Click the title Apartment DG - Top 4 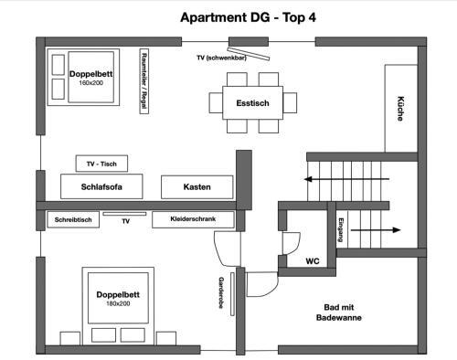pyautogui.click(x=248, y=17)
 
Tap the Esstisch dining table pyautogui.click(x=252, y=103)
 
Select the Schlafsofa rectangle pyautogui.click(x=101, y=186)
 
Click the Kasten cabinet pyautogui.click(x=197, y=186)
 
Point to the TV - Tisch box pyautogui.click(x=101, y=164)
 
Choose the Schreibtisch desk pyautogui.click(x=73, y=219)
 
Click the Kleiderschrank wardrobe pyautogui.click(x=193, y=219)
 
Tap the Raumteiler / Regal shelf pyautogui.click(x=143, y=81)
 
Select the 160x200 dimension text pyautogui.click(x=91, y=83)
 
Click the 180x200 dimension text pyautogui.click(x=118, y=303)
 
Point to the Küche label pyautogui.click(x=400, y=109)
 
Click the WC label pyautogui.click(x=313, y=261)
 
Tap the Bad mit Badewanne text pyautogui.click(x=339, y=312)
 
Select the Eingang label pyautogui.click(x=341, y=230)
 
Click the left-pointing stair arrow pyautogui.click(x=346, y=179)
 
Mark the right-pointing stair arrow pyautogui.click(x=376, y=230)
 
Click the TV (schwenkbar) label pyautogui.click(x=221, y=58)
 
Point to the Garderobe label pyautogui.click(x=221, y=292)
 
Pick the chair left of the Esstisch pyautogui.click(x=216, y=103)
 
